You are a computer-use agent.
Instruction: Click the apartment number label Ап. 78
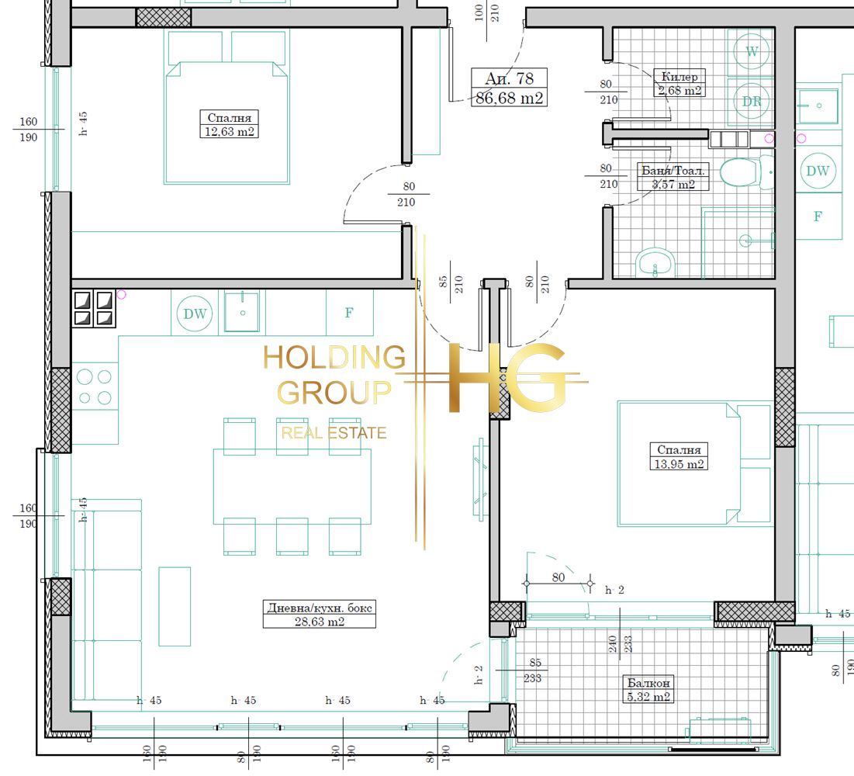pyautogui.click(x=509, y=78)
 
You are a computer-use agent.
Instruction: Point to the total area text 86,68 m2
pyautogui.click(x=509, y=98)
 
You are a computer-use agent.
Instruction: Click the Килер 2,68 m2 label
pyautogui.click(x=679, y=83)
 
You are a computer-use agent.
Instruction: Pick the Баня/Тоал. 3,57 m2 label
pyautogui.click(x=673, y=177)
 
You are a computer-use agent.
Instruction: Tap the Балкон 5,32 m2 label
pyautogui.click(x=648, y=689)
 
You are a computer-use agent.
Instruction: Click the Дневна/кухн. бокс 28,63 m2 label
pyautogui.click(x=319, y=614)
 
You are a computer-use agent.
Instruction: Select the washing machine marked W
pyautogui.click(x=751, y=52)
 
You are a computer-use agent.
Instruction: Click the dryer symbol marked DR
pyautogui.click(x=751, y=102)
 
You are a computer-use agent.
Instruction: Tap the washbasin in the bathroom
pyautogui.click(x=655, y=262)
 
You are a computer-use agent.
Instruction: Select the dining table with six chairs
pyautogui.click(x=292, y=486)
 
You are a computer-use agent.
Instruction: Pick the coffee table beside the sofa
pyautogui.click(x=175, y=606)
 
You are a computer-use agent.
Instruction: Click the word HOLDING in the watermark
pyautogui.click(x=334, y=358)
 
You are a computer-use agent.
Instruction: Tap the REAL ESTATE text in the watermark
pyautogui.click(x=334, y=433)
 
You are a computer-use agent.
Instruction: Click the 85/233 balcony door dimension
pyautogui.click(x=533, y=670)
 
